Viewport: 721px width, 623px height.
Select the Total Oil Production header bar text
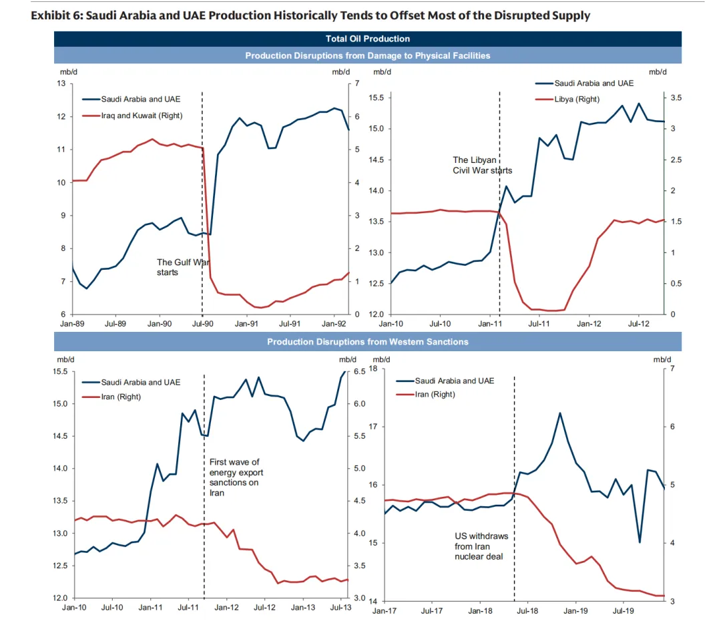tap(368, 39)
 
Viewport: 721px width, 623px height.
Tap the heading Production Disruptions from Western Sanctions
tap(368, 342)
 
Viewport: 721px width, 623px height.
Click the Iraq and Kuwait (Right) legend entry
tap(142, 116)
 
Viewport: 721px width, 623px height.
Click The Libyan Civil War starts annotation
tap(482, 165)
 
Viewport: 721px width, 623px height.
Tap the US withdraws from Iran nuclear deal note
tap(481, 546)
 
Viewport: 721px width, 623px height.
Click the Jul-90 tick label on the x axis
tap(202, 324)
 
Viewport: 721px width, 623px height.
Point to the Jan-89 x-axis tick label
tap(72, 324)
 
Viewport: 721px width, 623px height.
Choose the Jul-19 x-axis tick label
tap(623, 610)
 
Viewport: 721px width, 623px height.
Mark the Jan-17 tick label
tap(385, 610)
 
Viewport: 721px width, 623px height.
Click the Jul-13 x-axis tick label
tap(341, 608)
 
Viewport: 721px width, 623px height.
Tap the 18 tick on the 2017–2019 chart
tap(374, 369)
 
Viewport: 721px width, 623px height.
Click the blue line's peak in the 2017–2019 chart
tap(559, 413)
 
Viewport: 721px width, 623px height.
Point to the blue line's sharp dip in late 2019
tap(640, 542)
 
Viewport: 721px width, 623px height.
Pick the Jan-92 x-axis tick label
tap(333, 324)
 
